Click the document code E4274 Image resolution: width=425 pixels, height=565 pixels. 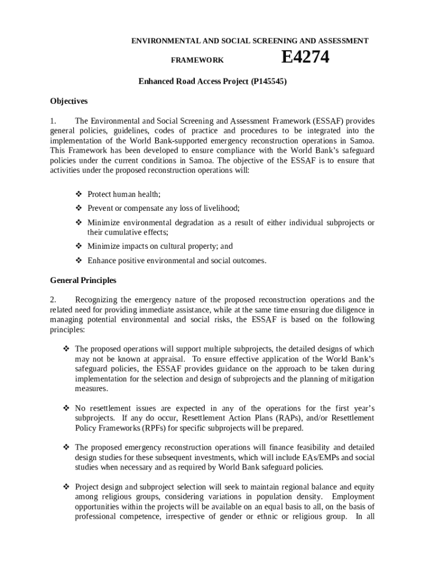305,57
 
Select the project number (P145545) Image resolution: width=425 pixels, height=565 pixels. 269,82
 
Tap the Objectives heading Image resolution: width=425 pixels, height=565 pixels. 69,101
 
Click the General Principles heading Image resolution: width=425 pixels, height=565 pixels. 83,280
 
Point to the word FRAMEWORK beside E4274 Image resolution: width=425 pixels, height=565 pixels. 196,60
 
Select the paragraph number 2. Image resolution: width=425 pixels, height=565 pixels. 53,300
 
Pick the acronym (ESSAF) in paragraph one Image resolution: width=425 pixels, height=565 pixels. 330,121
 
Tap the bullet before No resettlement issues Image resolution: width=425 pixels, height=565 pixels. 66,408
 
